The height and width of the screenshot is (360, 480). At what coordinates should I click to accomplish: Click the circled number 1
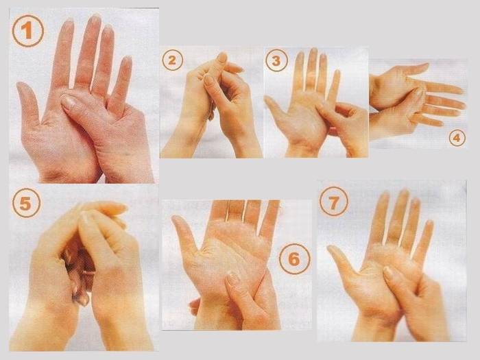[x=28, y=31]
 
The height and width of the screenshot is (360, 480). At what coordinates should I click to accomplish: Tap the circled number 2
[x=172, y=60]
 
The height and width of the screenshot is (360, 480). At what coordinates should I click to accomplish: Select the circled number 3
[x=276, y=60]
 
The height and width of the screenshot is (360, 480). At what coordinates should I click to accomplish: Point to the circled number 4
[x=457, y=138]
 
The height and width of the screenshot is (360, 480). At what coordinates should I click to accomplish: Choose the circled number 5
[x=26, y=203]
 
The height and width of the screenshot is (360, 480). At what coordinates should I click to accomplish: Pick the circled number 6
[x=294, y=259]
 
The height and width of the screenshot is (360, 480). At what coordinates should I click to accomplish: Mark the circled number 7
[x=334, y=202]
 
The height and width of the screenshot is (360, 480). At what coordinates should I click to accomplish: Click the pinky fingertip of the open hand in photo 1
[x=127, y=59]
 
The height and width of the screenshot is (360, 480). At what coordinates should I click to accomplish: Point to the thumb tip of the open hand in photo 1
[x=21, y=85]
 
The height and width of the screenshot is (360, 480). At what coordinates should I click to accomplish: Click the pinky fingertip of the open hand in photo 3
[x=337, y=72]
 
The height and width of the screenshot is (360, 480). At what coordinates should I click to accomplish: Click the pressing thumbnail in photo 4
[x=418, y=92]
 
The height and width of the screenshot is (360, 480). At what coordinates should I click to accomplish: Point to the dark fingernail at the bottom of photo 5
[x=82, y=299]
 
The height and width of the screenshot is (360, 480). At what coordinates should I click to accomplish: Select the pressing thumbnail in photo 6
[x=233, y=277]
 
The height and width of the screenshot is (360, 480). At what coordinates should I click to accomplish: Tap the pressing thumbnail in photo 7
[x=388, y=271]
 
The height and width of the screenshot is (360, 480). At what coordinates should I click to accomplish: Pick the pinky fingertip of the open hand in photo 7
[x=430, y=223]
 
